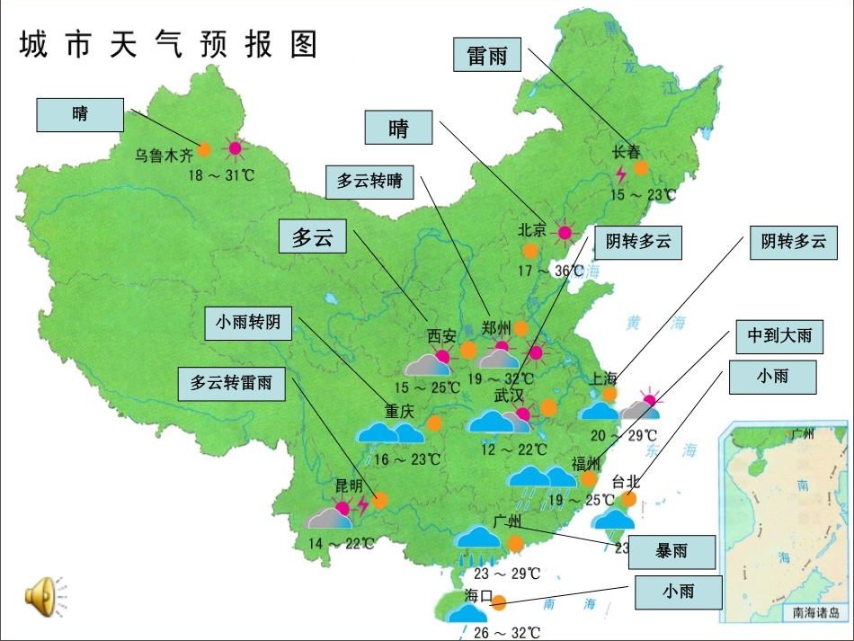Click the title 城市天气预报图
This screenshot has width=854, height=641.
coord(168,44)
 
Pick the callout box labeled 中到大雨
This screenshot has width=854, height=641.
coord(778,336)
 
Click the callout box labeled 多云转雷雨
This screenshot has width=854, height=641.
coord(232,382)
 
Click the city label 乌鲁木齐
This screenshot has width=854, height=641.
coord(165,155)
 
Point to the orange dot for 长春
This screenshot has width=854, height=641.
coord(640,167)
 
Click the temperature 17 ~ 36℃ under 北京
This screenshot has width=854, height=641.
coord(550,270)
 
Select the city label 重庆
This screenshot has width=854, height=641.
coord(399,412)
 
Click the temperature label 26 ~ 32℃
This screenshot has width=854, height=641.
coord(506,633)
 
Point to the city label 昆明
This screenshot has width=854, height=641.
coord(349,485)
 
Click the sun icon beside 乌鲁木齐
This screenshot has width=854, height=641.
coord(236,149)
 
